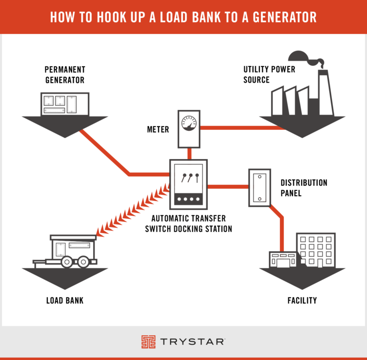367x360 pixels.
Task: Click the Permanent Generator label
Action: (65, 74)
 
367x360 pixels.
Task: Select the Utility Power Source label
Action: (269, 74)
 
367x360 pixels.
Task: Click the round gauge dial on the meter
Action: (189, 124)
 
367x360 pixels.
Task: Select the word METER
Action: (157, 129)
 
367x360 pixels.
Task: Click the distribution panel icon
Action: (259, 187)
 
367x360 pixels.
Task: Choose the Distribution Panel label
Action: (303, 188)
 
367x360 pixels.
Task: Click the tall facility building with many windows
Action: (315, 250)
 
